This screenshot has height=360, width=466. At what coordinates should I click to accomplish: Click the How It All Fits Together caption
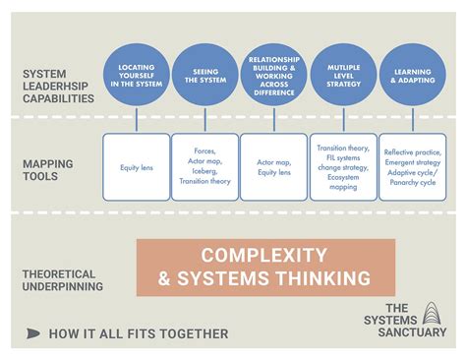[139, 334]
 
